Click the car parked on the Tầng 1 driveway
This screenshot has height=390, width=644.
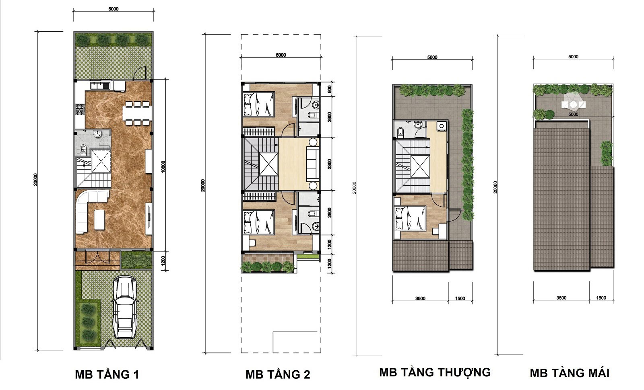click(124, 307)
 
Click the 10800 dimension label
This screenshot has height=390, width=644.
click(163, 166)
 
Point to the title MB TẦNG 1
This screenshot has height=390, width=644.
click(107, 374)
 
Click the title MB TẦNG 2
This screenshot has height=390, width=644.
click(278, 374)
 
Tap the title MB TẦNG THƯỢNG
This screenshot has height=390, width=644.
click(435, 372)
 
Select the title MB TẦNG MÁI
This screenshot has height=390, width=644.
click(570, 373)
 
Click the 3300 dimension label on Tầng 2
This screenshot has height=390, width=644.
click(330, 164)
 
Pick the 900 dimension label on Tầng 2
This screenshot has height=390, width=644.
click(330, 89)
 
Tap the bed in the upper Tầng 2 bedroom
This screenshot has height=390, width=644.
click(258, 104)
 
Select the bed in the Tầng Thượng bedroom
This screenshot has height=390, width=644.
click(410, 218)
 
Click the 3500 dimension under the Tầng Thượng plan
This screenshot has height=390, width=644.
click(420, 298)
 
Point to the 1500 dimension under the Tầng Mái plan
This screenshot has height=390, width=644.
click(601, 298)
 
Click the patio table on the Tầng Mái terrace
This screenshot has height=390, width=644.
click(574, 104)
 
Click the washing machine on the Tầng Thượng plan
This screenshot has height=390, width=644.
click(441, 126)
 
